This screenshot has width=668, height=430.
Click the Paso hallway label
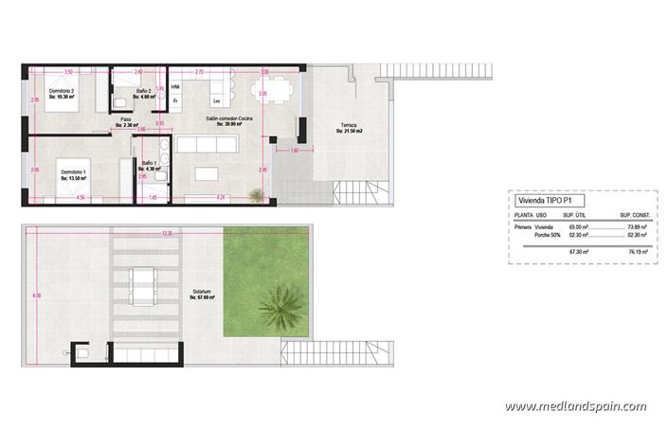[x=126, y=122]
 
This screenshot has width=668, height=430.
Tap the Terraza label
[x=350, y=127]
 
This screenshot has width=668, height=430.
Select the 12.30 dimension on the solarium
[x=167, y=233]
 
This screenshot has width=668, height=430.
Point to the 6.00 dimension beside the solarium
[x=37, y=296]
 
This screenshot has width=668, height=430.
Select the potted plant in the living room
[x=256, y=195]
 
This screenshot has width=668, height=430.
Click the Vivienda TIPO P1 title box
[x=543, y=201]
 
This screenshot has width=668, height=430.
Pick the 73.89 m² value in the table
[x=635, y=227]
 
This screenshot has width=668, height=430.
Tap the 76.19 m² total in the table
[x=635, y=252]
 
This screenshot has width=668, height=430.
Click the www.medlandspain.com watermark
[x=575, y=406]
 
